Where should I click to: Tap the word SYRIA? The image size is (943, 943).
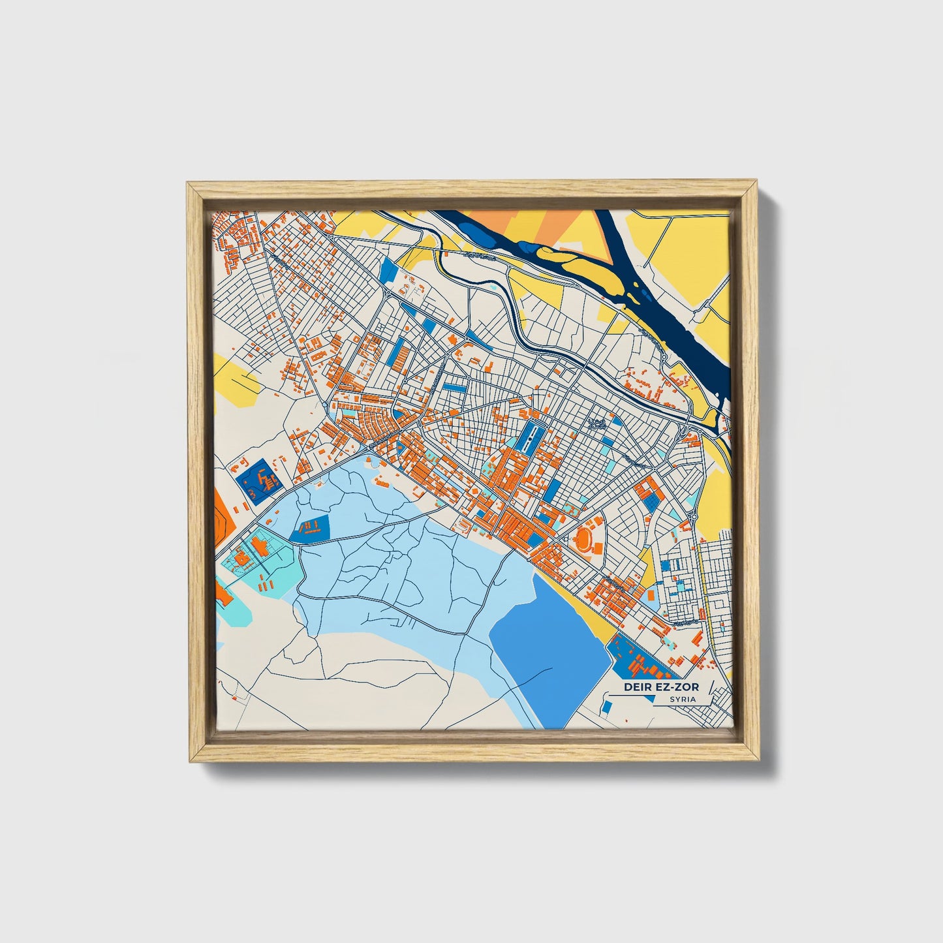click(x=682, y=699)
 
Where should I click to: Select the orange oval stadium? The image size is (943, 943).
click(x=585, y=539)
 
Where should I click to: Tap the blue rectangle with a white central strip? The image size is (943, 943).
click(x=529, y=433)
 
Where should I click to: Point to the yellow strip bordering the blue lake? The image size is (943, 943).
click(x=591, y=607)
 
